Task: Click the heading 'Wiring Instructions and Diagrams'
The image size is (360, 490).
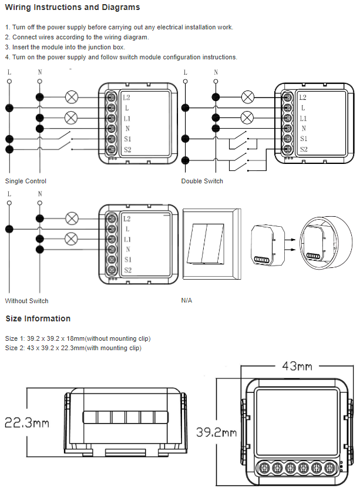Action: click(72, 8)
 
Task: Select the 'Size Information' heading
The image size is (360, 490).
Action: click(38, 318)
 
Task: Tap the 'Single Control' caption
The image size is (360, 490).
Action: click(26, 181)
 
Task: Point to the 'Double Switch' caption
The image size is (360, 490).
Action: click(202, 181)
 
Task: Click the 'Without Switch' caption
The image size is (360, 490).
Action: click(27, 301)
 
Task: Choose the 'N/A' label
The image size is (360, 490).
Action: click(187, 301)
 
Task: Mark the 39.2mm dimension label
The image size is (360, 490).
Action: click(217, 432)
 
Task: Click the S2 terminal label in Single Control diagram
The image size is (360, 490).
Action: click(127, 149)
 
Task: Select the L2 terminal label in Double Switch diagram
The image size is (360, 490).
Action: click(302, 98)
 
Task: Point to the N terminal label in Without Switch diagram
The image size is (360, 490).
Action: click(127, 249)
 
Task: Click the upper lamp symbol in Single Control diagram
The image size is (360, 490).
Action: click(72, 96)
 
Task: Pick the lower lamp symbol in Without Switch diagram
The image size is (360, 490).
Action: click(72, 239)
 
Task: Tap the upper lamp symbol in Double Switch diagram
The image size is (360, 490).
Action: click(248, 96)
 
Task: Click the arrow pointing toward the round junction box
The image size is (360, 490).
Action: click(288, 239)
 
